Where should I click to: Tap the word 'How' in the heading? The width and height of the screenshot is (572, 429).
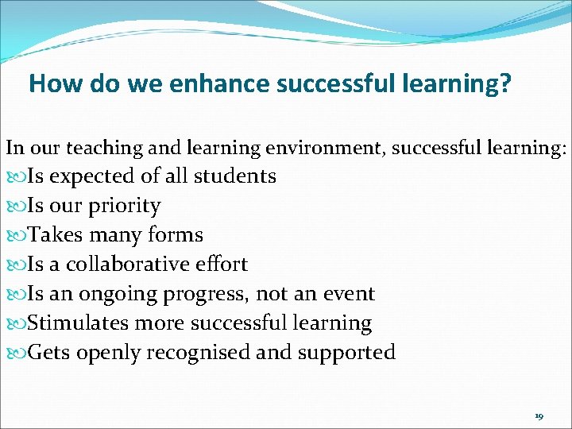coord(49,84)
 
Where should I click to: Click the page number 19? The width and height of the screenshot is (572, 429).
coord(539,416)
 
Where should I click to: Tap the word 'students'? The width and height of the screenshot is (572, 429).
coord(236,176)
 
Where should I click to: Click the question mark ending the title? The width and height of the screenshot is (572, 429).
coord(505,84)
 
